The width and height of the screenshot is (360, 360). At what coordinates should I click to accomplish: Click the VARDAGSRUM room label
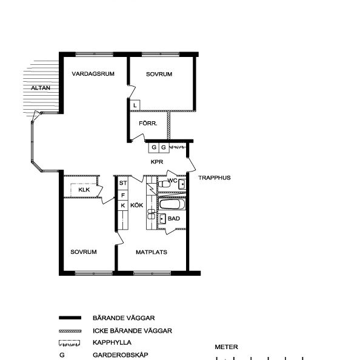pyautogui.click(x=93, y=74)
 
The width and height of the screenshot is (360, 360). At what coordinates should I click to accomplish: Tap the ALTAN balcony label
pyautogui.click(x=41, y=88)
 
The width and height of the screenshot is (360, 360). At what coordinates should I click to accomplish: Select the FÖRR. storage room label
pyautogui.click(x=148, y=123)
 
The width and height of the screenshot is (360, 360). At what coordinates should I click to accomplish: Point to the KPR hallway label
pyautogui.click(x=157, y=162)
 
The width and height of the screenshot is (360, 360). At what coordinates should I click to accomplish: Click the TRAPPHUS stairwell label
pyautogui.click(x=215, y=178)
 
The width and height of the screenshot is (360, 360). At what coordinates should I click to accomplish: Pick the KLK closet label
pyautogui.click(x=84, y=190)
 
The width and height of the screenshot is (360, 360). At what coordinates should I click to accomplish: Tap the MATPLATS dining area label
pyautogui.click(x=152, y=252)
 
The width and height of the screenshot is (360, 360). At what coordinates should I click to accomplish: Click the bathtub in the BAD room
pyautogui.click(x=172, y=204)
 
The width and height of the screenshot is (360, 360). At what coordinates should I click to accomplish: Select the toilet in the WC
pyautogui.click(x=164, y=184)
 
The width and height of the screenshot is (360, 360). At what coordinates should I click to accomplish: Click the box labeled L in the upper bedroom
pyautogui.click(x=135, y=105)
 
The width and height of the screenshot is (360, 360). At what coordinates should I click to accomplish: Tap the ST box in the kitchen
pyautogui.click(x=123, y=183)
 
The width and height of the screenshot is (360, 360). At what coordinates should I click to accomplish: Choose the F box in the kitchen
pyautogui.click(x=123, y=195)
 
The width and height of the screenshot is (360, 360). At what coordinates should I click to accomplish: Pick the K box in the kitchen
pyautogui.click(x=123, y=205)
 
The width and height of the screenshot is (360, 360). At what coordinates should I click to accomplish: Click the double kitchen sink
pyautogui.click(x=152, y=214)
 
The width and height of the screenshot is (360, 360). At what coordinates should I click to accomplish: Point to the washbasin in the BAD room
pyautogui.click(x=162, y=219)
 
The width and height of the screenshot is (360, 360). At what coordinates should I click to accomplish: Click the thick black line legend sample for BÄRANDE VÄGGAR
pyautogui.click(x=70, y=318)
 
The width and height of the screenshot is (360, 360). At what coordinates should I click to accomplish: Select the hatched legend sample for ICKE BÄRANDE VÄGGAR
pyautogui.click(x=70, y=331)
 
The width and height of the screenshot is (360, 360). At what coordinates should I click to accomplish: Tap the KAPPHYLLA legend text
pyautogui.click(x=112, y=342)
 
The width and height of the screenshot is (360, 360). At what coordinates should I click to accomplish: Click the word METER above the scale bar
pyautogui.click(x=227, y=347)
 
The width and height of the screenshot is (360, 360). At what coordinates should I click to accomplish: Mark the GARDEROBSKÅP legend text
pyautogui.click(x=121, y=355)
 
